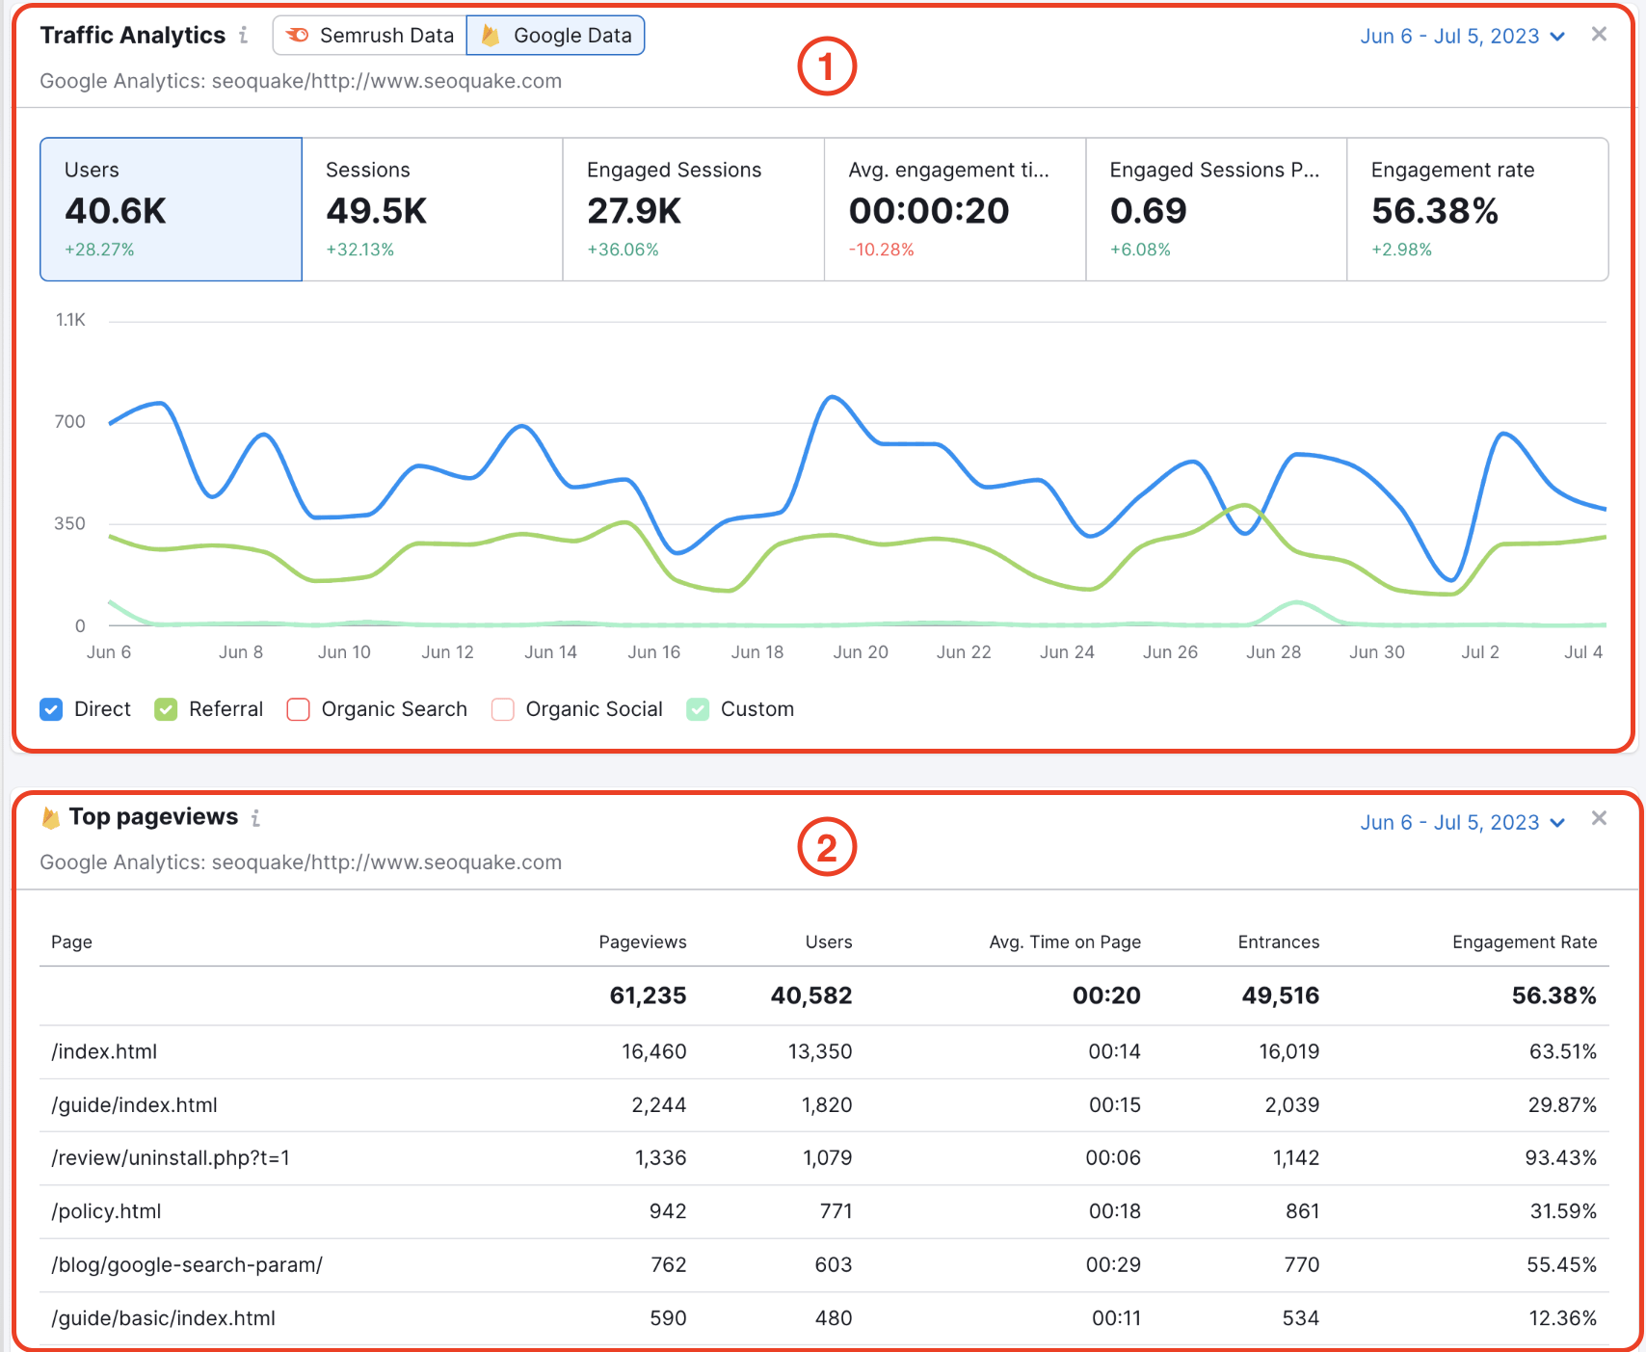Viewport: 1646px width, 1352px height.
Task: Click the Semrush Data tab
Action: [x=371, y=36]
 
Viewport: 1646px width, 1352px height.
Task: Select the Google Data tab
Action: [x=556, y=36]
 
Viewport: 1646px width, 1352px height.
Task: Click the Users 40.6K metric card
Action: [x=171, y=209]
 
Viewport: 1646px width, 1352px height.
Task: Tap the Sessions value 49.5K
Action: [x=376, y=211]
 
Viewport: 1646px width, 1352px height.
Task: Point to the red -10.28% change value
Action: [x=881, y=250]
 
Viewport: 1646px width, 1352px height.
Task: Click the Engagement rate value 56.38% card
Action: [x=1476, y=209]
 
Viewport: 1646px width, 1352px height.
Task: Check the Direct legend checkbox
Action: [x=52, y=709]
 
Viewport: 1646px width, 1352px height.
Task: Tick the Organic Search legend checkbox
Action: [x=299, y=709]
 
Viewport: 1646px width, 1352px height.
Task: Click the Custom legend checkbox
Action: [x=698, y=709]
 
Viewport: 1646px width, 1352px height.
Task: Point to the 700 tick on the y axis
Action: [x=69, y=421]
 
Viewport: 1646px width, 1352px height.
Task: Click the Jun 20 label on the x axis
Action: [x=861, y=652]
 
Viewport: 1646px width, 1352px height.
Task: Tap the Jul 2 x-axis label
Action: [x=1479, y=652]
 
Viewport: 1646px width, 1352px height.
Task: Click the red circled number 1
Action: [x=827, y=66]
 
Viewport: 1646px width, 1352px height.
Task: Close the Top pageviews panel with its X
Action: [x=1599, y=818]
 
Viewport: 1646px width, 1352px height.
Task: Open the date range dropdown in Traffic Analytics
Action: [x=1461, y=37]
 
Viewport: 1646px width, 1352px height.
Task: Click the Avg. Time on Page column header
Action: [x=1064, y=941]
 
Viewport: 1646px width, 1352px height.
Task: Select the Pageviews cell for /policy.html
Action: [x=667, y=1211]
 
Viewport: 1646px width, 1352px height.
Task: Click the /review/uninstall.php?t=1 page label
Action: [x=171, y=1157]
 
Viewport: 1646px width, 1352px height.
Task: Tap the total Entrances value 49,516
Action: [x=1280, y=995]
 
